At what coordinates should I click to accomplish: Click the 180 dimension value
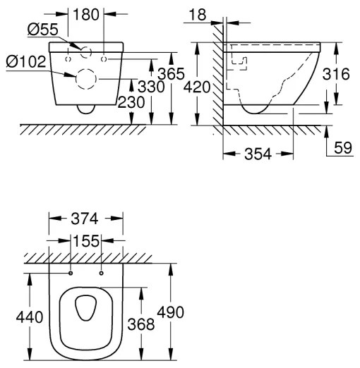click(87, 15)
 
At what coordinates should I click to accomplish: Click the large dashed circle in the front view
click(85, 81)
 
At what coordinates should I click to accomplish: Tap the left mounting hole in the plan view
click(71, 273)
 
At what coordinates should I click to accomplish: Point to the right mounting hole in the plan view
click(102, 273)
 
